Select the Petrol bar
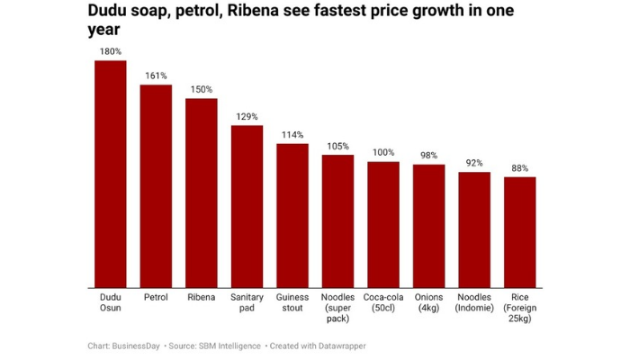coord(156,185)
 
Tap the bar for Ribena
coord(202,193)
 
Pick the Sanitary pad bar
coord(247,206)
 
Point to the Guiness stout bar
coord(292,215)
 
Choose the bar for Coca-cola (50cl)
coord(383,224)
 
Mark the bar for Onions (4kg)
coord(428,226)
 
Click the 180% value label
coord(111,51)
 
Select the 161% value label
coord(156,76)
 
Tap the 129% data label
coord(247,116)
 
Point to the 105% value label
coord(337,146)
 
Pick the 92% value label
coord(474,163)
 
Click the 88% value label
coord(519,168)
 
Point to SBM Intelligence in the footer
coord(229,346)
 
